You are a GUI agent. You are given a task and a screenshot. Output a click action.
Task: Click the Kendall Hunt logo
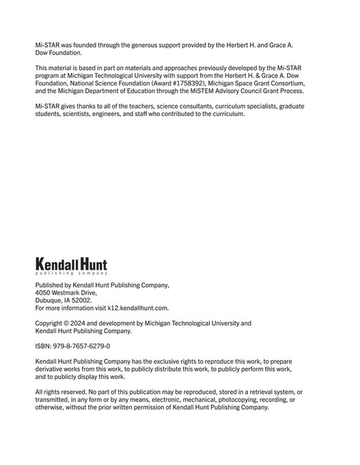[70, 266]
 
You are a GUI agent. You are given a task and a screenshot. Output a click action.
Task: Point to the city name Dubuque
[50, 300]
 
